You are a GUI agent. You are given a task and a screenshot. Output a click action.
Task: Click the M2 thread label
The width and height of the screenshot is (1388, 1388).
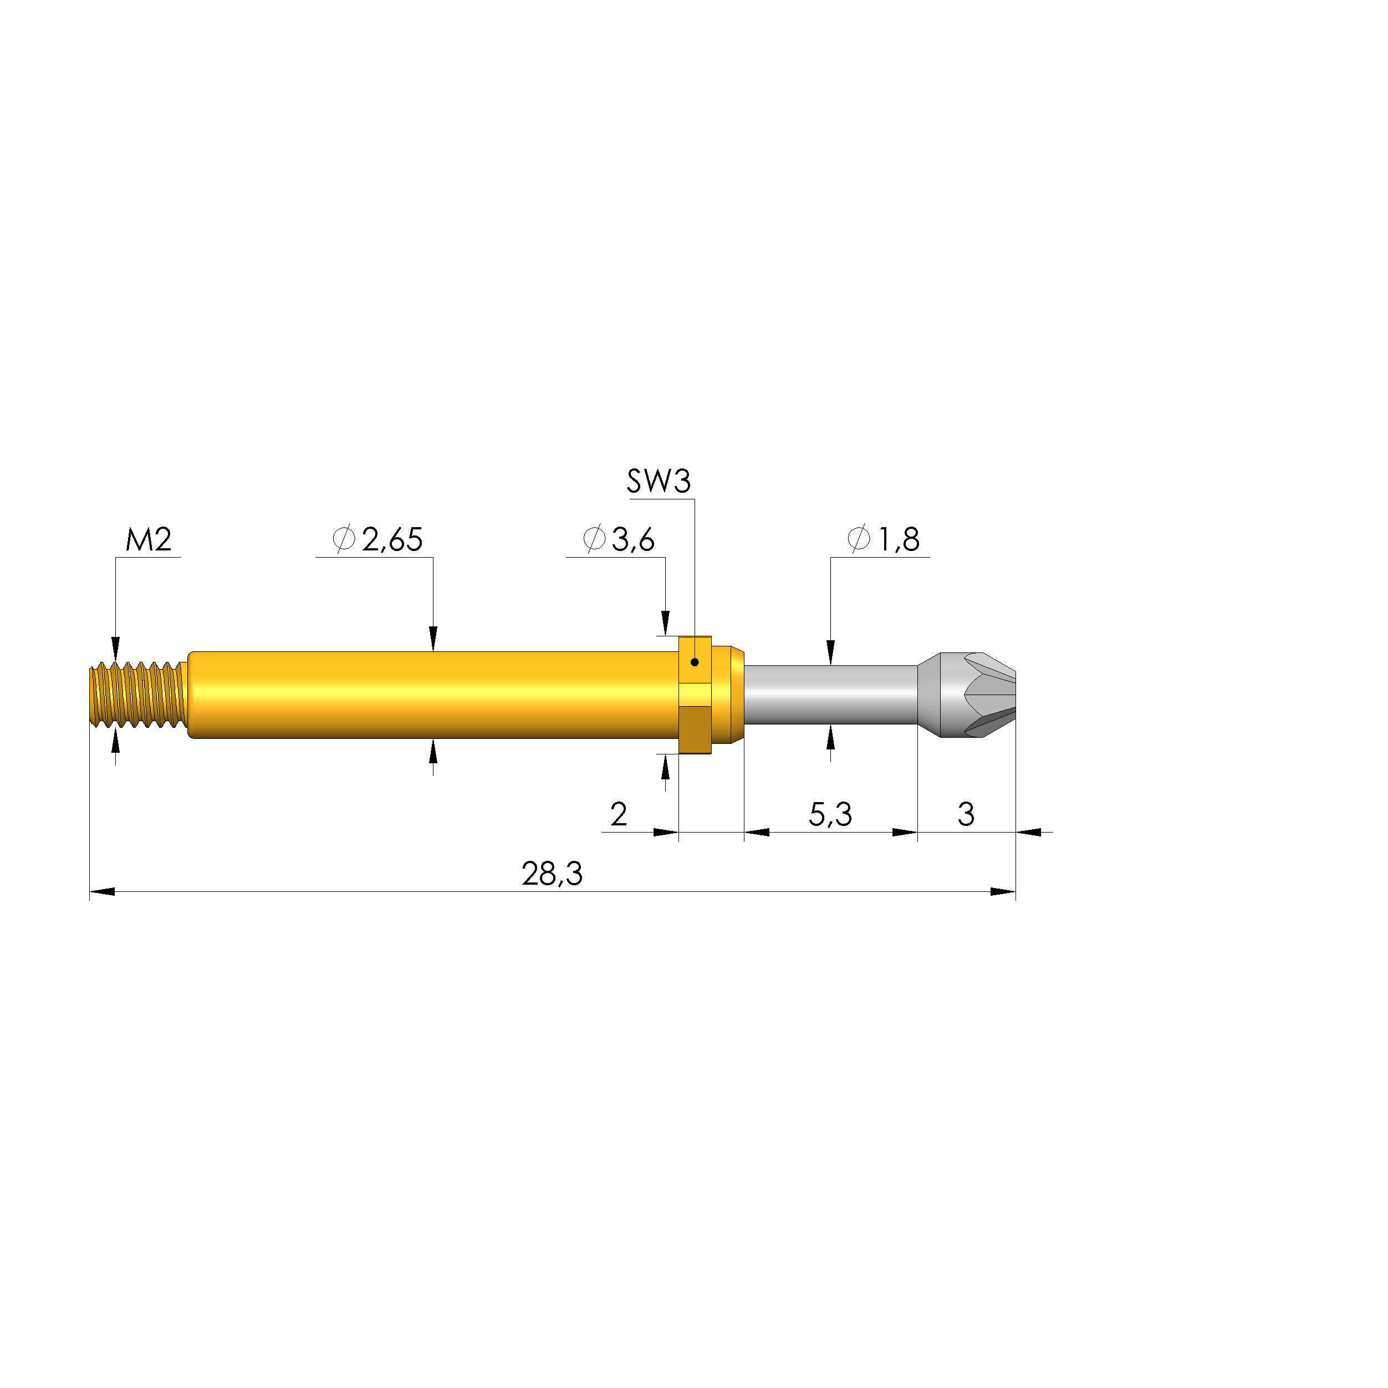(149, 539)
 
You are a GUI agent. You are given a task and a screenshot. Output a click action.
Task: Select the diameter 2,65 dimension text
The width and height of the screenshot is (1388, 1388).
(378, 539)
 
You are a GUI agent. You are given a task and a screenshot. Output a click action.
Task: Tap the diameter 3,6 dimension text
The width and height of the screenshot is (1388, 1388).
(619, 539)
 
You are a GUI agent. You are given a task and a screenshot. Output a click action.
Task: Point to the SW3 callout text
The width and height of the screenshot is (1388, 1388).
(659, 481)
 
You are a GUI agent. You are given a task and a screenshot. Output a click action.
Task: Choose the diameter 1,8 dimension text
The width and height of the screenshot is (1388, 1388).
(884, 539)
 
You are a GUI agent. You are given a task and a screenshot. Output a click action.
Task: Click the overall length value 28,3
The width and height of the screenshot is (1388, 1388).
(552, 874)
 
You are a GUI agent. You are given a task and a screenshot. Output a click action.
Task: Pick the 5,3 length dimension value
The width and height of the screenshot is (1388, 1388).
(830, 814)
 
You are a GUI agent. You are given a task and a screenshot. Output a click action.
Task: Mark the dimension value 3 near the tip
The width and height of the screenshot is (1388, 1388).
(966, 814)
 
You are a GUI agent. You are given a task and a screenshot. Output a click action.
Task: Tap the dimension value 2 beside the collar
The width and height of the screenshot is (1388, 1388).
(619, 814)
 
